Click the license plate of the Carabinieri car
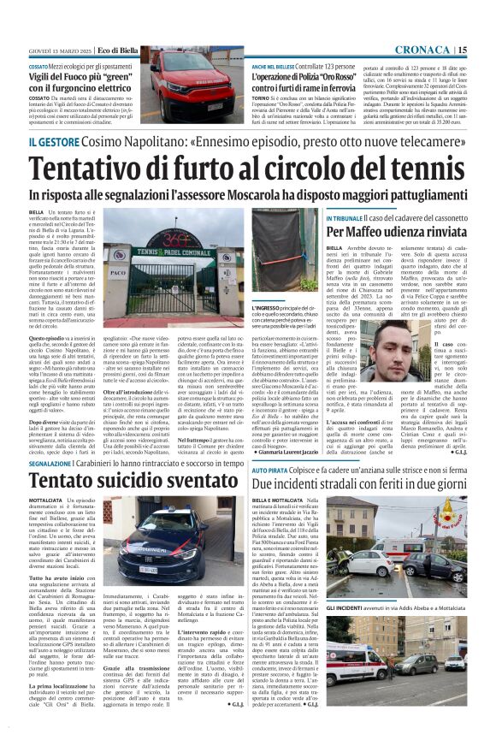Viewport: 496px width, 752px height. pos(148,567)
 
